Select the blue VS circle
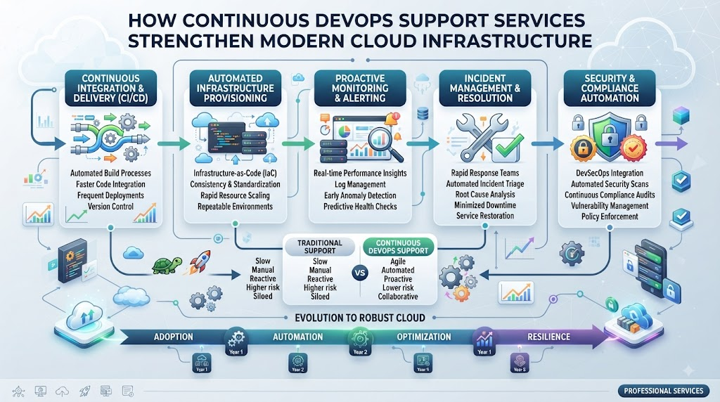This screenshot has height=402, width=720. click(x=361, y=273)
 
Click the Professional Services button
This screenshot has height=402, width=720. click(x=664, y=391)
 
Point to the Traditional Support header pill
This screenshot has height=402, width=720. click(x=320, y=247)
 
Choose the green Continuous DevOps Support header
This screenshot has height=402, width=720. click(x=398, y=247)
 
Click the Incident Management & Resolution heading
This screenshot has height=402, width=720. click(x=485, y=88)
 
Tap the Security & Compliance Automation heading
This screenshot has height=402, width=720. click(x=610, y=88)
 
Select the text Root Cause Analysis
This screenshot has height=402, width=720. click(x=485, y=195)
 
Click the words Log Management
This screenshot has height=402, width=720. click(x=360, y=184)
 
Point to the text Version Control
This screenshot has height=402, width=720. click(x=110, y=207)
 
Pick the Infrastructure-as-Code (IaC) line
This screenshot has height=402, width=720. click(x=235, y=174)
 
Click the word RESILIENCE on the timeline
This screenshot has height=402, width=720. click(x=548, y=337)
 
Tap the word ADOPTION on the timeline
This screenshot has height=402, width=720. click(x=174, y=337)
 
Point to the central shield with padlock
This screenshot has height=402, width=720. click(x=610, y=134)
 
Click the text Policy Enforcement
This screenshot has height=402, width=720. click(x=610, y=216)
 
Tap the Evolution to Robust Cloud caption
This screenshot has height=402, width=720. click(x=360, y=318)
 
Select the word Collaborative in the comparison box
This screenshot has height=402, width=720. click(x=398, y=297)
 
